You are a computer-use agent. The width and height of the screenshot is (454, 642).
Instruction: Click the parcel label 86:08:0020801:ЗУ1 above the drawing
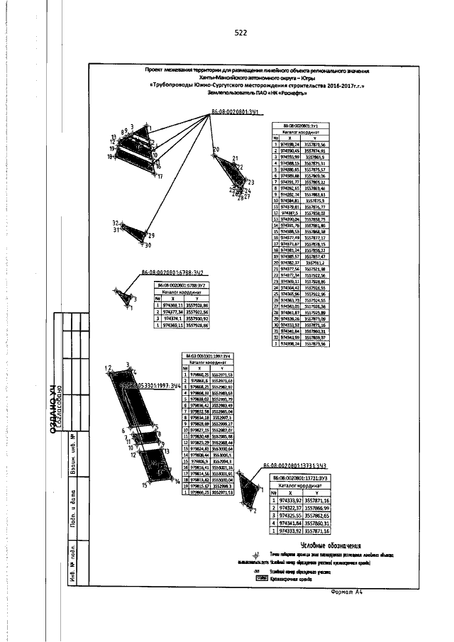point(238,113)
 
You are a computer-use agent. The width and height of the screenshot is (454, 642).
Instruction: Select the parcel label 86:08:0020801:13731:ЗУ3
point(294,466)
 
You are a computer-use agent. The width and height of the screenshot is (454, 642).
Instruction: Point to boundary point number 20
point(216,150)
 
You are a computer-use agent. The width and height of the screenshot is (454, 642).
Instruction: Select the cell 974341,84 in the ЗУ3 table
point(288,523)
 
